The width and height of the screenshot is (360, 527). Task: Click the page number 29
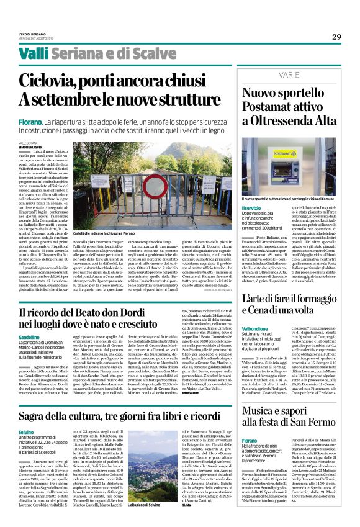(336, 37)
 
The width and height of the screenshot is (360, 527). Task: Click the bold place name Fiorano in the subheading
(30, 123)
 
